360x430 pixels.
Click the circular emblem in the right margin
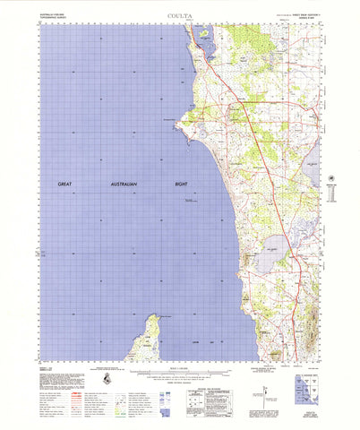(x=335, y=179)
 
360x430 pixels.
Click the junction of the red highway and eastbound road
(x=235, y=105)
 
